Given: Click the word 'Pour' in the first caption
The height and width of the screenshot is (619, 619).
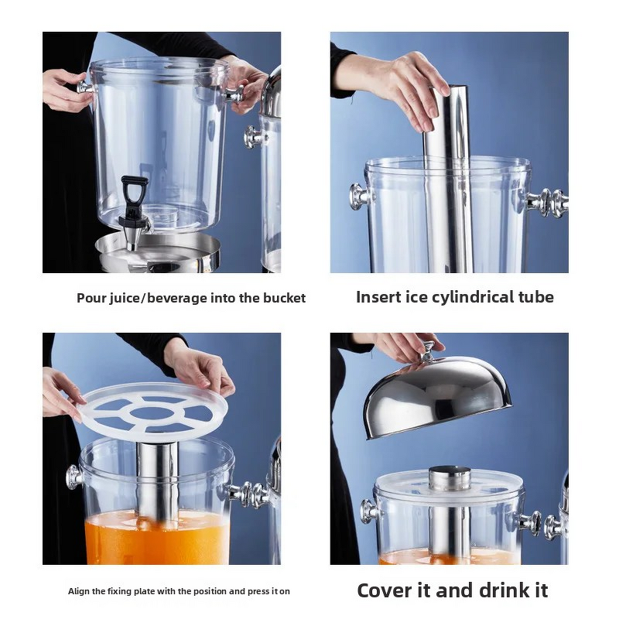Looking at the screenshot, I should tap(89, 298).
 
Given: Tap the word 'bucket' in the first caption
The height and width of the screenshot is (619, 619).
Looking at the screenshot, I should tap(286, 298).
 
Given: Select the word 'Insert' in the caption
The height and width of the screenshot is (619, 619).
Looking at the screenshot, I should tap(378, 297).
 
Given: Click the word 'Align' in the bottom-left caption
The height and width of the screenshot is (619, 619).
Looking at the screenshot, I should tap(78, 591).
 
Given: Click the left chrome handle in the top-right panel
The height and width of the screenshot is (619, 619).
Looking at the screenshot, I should tap(360, 196).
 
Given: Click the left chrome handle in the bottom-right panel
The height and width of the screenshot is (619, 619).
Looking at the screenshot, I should tap(369, 511).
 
